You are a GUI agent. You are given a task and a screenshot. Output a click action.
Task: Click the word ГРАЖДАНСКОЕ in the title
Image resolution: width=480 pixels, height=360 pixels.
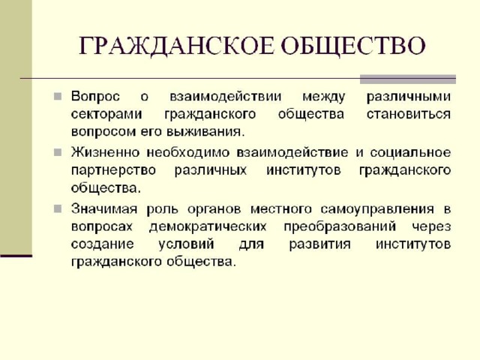point(175,46)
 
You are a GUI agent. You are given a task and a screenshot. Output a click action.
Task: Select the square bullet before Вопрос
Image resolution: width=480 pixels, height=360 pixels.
point(58,97)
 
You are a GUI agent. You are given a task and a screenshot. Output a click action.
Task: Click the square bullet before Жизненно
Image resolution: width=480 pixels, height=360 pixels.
point(58,152)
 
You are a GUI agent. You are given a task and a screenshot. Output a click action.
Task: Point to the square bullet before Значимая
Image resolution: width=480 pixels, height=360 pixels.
point(58,208)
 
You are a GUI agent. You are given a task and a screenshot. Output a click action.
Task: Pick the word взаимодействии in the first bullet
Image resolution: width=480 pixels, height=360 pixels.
point(225,97)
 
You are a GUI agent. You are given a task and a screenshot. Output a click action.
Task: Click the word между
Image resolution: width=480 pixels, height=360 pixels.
point(323,97)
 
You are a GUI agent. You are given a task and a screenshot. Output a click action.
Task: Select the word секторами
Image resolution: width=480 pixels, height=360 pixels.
point(106,115)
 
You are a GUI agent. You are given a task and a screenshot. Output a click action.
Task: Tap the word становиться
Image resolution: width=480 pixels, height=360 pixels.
point(409,114)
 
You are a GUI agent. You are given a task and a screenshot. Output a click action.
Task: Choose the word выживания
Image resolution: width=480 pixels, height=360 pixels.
point(205,132)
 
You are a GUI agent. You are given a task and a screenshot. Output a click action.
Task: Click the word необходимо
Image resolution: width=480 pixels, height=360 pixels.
point(188,152)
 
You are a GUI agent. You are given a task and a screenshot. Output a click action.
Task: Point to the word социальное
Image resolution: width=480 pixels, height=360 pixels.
point(410,152)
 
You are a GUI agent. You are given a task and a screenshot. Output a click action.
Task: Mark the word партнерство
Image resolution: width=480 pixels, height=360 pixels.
point(113,170)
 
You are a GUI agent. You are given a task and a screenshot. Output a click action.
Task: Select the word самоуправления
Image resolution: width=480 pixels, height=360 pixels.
point(377,209)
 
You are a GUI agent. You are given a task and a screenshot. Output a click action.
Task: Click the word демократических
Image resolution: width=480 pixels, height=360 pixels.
point(208,226)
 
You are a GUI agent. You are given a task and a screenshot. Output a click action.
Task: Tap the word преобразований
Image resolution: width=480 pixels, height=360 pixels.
point(340,226)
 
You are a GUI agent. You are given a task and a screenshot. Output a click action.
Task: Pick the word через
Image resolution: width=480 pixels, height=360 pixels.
point(431,226)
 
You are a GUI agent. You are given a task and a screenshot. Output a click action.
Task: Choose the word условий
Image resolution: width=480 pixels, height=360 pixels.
point(186,244)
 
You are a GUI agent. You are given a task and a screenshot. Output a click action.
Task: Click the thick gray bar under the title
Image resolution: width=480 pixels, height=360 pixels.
point(408,79)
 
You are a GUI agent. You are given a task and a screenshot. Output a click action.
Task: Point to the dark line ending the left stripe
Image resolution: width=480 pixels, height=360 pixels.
point(16,256)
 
